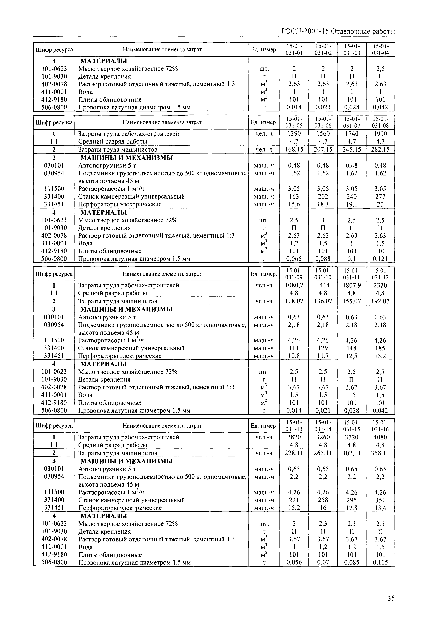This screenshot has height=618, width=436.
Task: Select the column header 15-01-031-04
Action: pyautogui.click(x=381, y=50)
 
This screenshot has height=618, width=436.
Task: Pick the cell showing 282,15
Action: pyautogui.click(x=381, y=150)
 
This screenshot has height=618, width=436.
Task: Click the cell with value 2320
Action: pyautogui.click(x=381, y=285)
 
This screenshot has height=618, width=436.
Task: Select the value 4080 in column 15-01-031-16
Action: pyautogui.click(x=381, y=437)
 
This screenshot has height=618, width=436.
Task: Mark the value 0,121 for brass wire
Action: pyautogui.click(x=381, y=259)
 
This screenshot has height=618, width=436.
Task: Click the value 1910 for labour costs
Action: pyautogui.click(x=381, y=134)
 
